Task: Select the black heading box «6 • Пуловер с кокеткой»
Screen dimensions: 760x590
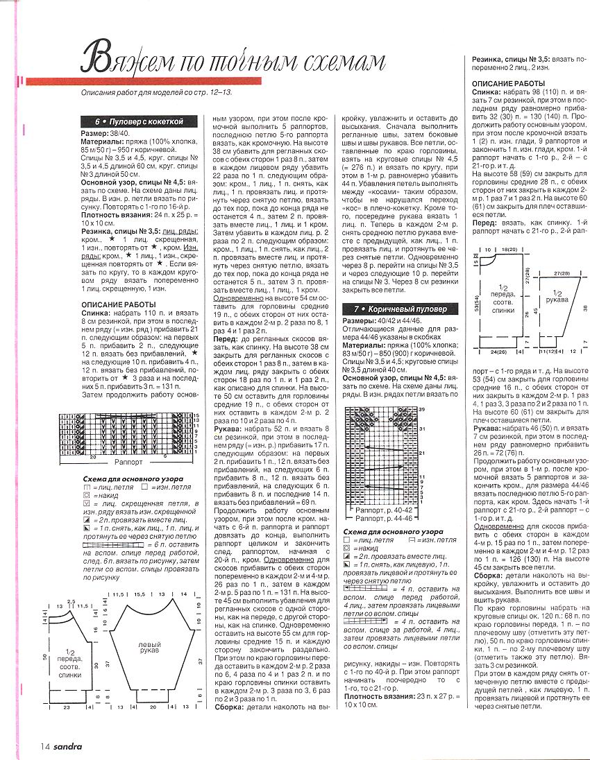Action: [139, 121]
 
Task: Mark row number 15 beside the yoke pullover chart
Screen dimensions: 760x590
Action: [196, 415]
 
